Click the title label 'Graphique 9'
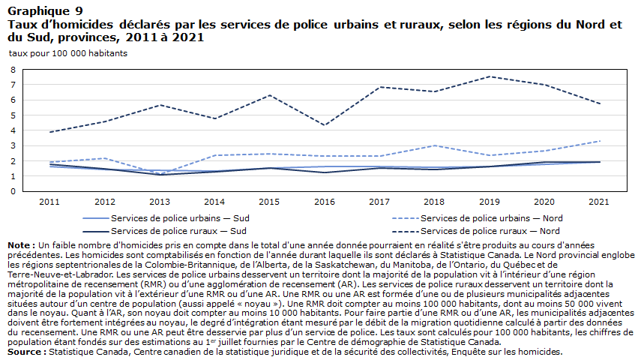45,11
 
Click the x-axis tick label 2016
325,202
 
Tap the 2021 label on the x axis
599,202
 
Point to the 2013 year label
160,202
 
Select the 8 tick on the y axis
13,70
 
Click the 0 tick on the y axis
13,191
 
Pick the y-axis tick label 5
13,115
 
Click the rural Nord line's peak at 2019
490,76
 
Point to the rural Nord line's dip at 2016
325,125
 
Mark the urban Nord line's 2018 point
435,145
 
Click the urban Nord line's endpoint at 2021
599,141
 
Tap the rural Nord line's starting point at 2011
49,132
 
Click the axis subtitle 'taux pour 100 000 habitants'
68,53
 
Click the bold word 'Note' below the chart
18,245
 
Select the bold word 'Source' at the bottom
24,352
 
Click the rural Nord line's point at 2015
269,95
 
